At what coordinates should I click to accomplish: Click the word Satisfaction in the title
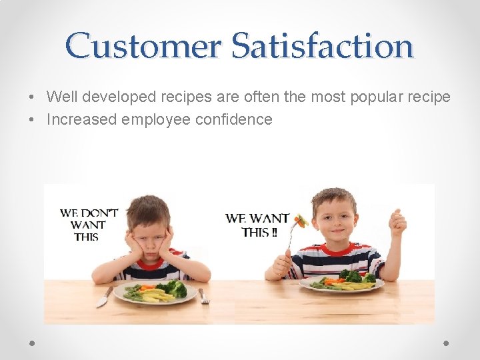click(323, 46)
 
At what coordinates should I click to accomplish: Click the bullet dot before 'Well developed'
click(32, 97)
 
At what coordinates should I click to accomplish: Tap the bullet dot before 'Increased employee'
click(32, 121)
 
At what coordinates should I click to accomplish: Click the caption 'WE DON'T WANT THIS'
click(89, 225)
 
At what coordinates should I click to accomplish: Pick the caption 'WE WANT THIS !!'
click(257, 225)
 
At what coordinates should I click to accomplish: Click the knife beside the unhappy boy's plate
click(104, 297)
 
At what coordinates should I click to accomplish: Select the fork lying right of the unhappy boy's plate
click(203, 296)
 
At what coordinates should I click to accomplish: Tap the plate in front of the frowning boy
click(155, 291)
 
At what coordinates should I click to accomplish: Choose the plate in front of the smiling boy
click(342, 283)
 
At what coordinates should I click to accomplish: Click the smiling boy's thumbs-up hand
click(397, 222)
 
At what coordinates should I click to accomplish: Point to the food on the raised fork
click(301, 221)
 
